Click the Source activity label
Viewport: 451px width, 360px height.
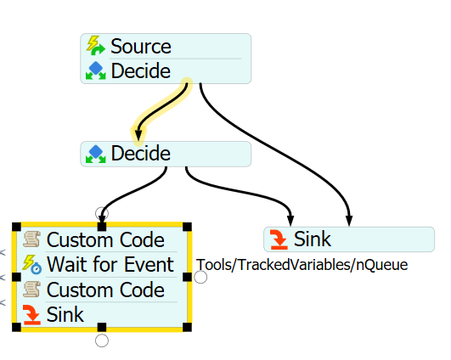click(x=141, y=47)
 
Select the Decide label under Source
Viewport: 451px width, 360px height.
click(x=141, y=71)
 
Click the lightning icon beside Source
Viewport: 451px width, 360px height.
click(x=95, y=46)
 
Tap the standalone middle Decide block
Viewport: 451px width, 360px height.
click(x=166, y=154)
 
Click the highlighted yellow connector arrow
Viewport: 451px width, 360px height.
click(x=161, y=110)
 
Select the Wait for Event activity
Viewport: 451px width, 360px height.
click(x=110, y=264)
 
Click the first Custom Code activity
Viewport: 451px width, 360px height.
click(x=105, y=239)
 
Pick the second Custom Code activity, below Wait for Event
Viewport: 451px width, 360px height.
click(x=105, y=290)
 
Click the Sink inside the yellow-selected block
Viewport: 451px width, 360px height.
click(x=65, y=314)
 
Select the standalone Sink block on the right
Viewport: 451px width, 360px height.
click(x=349, y=239)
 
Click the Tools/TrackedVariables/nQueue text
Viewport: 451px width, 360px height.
click(x=302, y=265)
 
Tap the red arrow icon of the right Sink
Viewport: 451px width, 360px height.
click(x=279, y=239)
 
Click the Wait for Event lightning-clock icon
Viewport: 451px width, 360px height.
click(x=32, y=264)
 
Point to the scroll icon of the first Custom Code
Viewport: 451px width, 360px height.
click(x=31, y=239)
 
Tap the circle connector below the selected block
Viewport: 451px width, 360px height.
click(x=102, y=340)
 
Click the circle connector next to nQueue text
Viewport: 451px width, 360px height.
click(x=200, y=277)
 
